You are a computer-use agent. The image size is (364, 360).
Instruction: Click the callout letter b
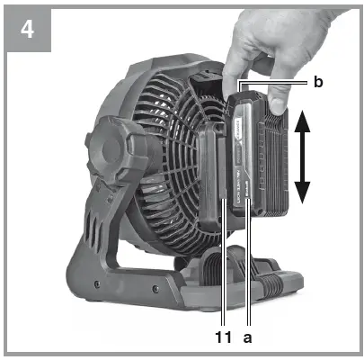pos(317,82)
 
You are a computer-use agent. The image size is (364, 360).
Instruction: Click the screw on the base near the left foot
pos(154,290)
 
